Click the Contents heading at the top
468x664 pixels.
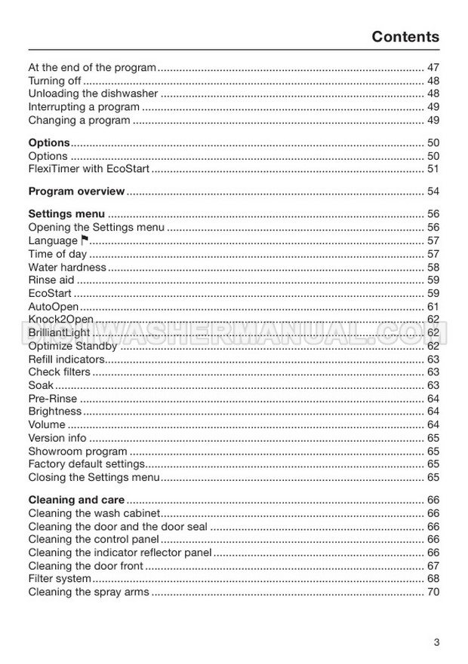pyautogui.click(x=405, y=37)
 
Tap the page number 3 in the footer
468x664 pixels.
pyautogui.click(x=436, y=642)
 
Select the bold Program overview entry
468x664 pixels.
pyautogui.click(x=76, y=191)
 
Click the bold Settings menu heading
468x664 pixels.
pyautogui.click(x=66, y=214)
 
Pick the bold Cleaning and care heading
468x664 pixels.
pyautogui.click(x=76, y=500)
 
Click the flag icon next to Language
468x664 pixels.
pyautogui.click(x=85, y=240)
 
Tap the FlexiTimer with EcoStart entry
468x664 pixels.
pyautogui.click(x=88, y=169)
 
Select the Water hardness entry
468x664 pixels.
pyautogui.click(x=67, y=267)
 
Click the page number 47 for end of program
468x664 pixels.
pyautogui.click(x=433, y=68)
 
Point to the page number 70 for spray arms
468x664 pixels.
pyautogui.click(x=433, y=592)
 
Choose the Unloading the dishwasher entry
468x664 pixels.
pyautogui.click(x=93, y=94)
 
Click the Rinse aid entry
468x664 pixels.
pyautogui.click(x=51, y=280)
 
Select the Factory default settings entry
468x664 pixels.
pyautogui.click(x=86, y=464)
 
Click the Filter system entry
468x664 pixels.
pyautogui.click(x=60, y=579)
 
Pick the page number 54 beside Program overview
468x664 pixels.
pyautogui.click(x=433, y=191)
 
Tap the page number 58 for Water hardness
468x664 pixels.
pyautogui.click(x=433, y=267)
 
